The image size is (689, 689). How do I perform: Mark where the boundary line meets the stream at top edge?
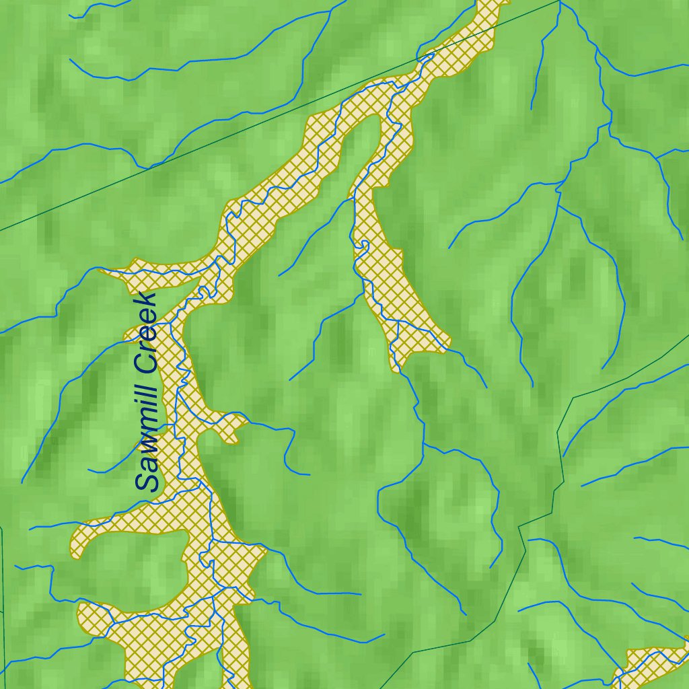(560, 2)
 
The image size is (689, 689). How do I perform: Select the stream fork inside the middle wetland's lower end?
(398, 323)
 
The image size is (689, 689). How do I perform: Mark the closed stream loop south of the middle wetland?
(437, 498)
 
